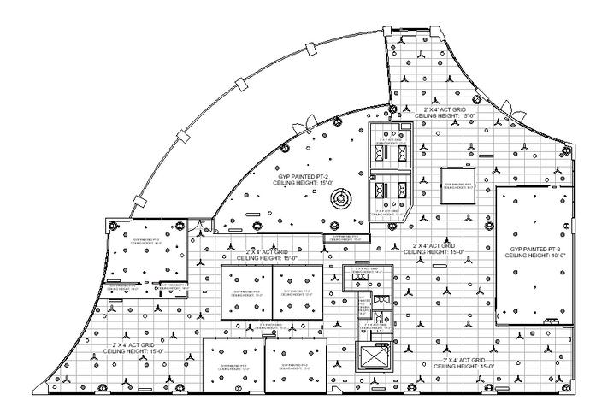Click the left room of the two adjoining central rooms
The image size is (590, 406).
pos(246,291)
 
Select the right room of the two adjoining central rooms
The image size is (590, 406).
pos(298,291)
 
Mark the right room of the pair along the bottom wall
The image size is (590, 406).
pos(295,368)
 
